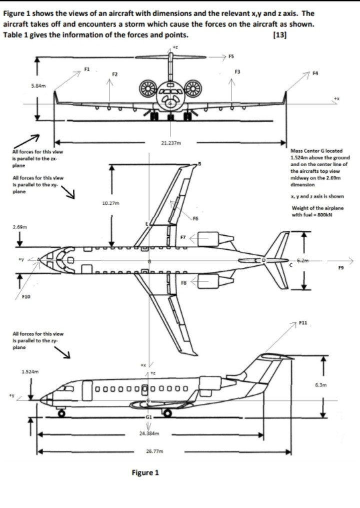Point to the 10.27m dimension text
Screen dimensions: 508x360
[x=109, y=204]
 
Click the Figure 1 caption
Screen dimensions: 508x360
[x=145, y=472]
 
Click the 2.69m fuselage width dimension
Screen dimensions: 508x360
[x=19, y=228]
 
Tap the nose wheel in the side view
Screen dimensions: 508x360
[x=62, y=413]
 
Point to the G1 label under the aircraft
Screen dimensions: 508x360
[x=148, y=416]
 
